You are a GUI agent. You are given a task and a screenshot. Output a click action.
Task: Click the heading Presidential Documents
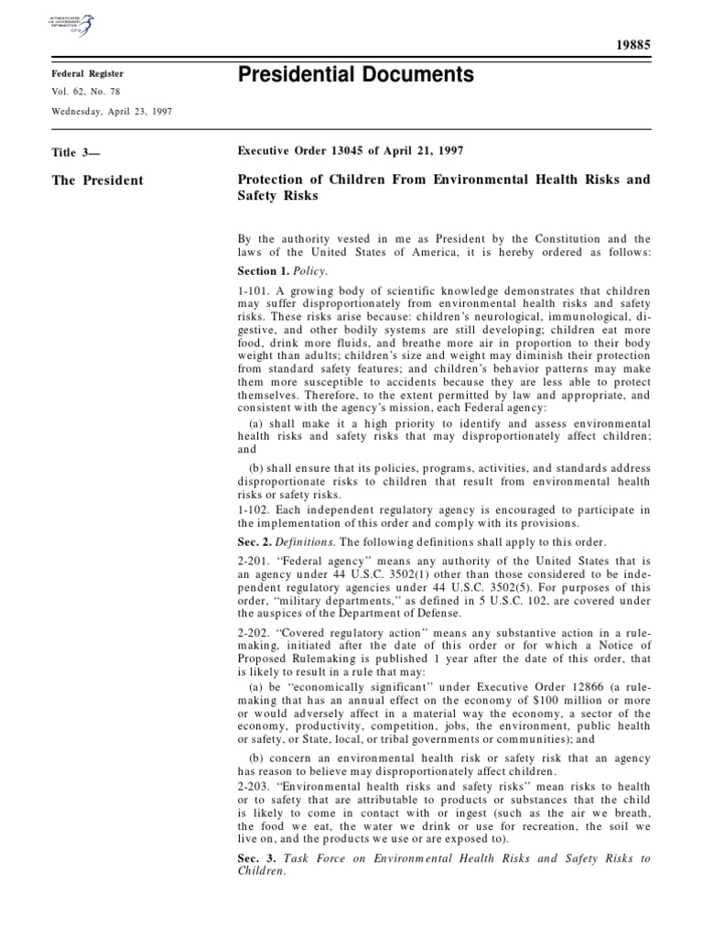356,75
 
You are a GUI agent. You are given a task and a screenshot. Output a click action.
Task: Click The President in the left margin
97,180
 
